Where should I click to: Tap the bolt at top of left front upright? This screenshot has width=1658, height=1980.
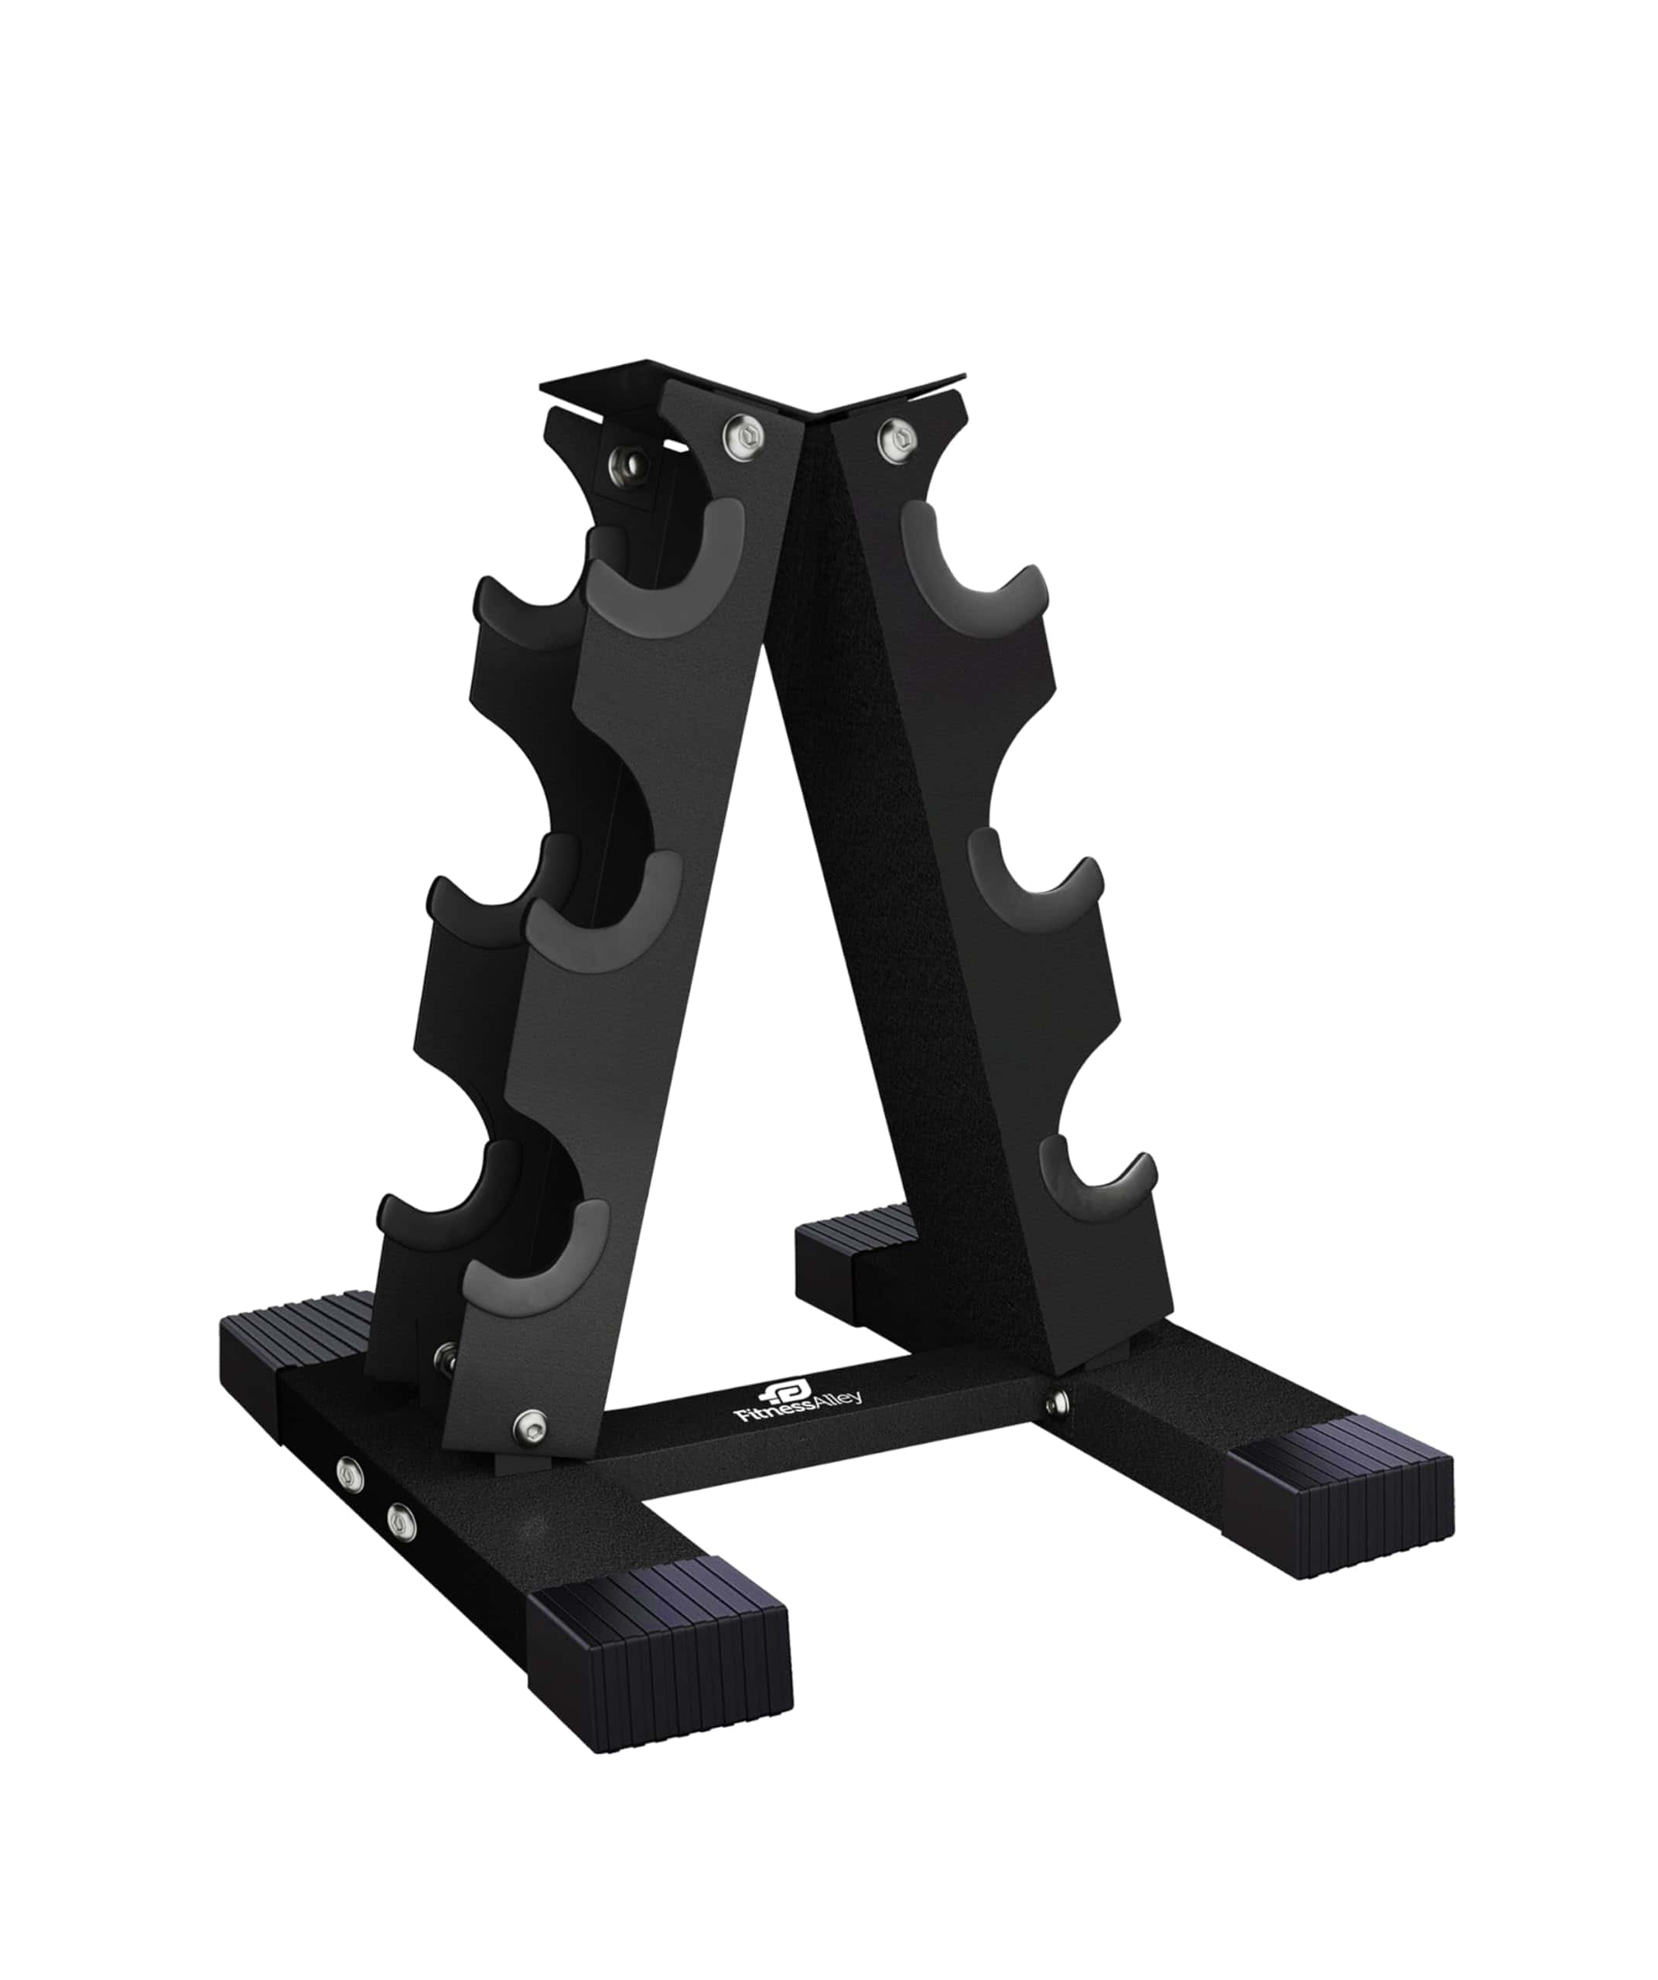click(744, 435)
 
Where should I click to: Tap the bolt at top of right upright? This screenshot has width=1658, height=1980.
click(896, 436)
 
